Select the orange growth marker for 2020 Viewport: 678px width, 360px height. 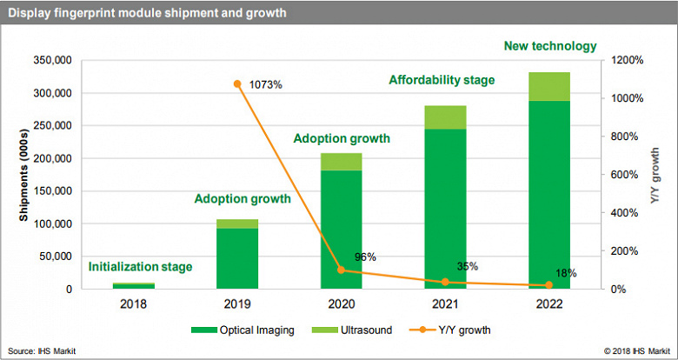[x=341, y=270]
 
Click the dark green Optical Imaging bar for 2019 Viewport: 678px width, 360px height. [x=237, y=258]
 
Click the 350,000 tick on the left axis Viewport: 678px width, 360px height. [x=53, y=61]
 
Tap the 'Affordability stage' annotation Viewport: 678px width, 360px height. [x=442, y=80]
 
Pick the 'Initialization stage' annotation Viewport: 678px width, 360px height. [x=141, y=267]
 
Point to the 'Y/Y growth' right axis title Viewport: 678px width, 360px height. [x=656, y=175]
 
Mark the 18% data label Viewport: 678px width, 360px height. [x=565, y=273]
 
